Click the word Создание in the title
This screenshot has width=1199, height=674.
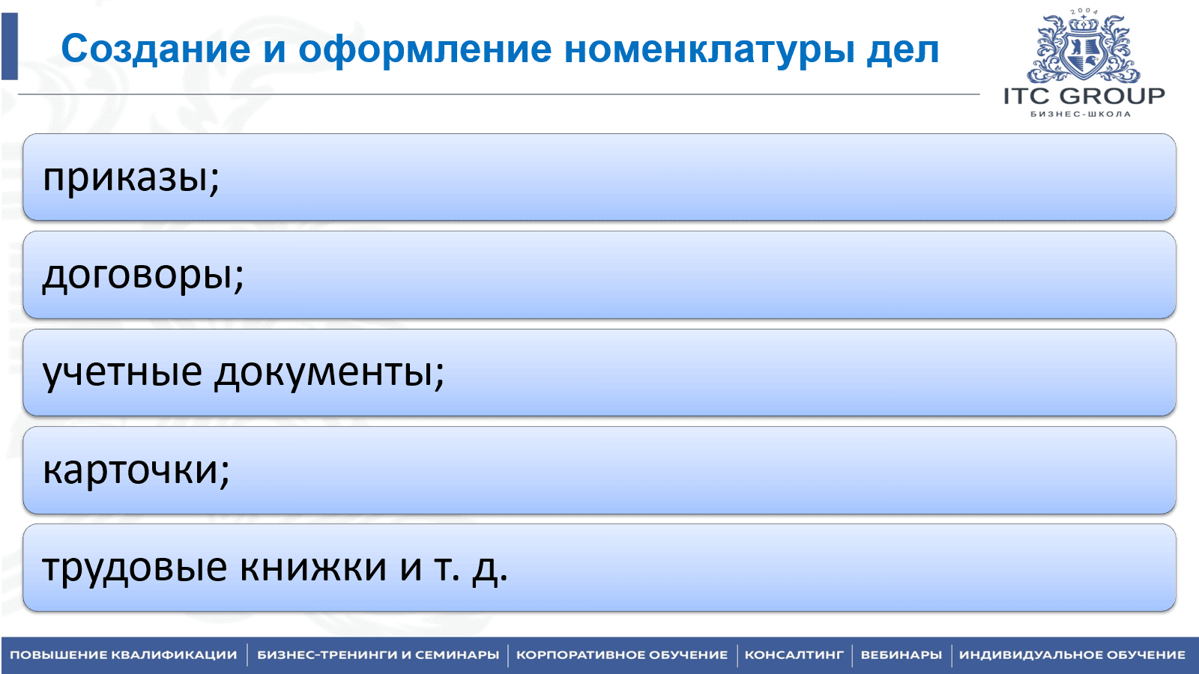click(x=156, y=49)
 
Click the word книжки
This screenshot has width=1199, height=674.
click(x=313, y=567)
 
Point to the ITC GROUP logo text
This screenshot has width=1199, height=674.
click(x=1084, y=96)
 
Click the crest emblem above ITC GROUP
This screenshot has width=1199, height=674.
click(x=1084, y=48)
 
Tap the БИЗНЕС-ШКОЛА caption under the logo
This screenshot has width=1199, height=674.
click(x=1081, y=114)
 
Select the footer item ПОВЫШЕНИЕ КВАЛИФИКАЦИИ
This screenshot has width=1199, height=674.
click(x=123, y=655)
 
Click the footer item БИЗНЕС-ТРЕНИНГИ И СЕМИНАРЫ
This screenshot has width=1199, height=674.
click(x=378, y=655)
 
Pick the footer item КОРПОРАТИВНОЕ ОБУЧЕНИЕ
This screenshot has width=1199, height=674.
click(x=622, y=655)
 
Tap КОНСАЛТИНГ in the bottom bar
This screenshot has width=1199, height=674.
click(x=794, y=655)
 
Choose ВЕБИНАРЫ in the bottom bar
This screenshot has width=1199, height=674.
click(x=901, y=655)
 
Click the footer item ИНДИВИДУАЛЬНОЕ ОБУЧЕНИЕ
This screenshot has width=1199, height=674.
click(x=1072, y=655)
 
